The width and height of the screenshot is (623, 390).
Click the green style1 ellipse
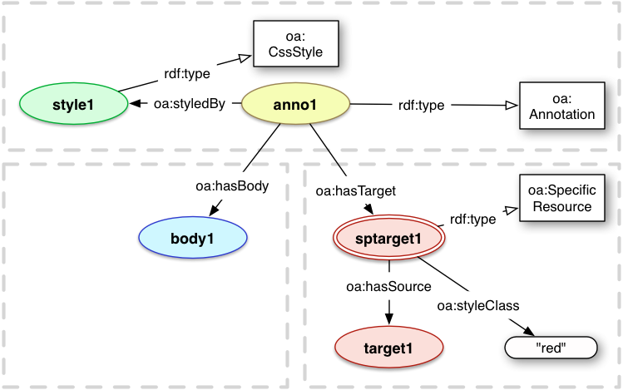[x=72, y=106]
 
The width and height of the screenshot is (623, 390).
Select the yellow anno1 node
[x=295, y=105]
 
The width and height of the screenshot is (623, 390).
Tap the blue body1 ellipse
[x=193, y=236]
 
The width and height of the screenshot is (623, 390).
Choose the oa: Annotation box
[x=561, y=106]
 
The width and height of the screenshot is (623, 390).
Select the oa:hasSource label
[x=388, y=286]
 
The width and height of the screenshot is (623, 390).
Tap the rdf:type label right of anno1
[x=421, y=106]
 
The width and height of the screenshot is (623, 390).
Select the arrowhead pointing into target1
[x=388, y=317]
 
